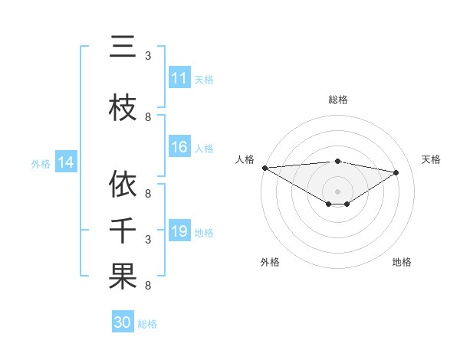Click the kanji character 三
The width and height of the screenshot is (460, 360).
click(123, 48)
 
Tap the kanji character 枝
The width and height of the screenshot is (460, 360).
click(123, 108)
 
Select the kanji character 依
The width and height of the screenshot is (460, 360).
click(123, 185)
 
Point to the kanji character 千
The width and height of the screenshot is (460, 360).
click(123, 231)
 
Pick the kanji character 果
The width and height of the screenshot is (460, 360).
click(123, 277)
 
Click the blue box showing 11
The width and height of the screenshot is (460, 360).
click(179, 78)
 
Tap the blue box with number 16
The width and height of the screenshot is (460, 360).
click(179, 148)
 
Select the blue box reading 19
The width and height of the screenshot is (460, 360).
click(179, 231)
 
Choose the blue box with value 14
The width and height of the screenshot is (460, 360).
click(65, 162)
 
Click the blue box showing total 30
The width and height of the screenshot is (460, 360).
click(123, 322)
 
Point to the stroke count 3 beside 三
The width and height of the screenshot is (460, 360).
click(148, 56)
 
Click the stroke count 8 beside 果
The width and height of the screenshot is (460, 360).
click(148, 286)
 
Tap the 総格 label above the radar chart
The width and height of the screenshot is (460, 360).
click(337, 100)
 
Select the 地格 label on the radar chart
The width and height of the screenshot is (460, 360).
click(402, 262)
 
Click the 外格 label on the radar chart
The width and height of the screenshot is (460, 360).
click(270, 262)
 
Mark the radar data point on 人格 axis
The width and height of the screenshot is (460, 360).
click(264, 168)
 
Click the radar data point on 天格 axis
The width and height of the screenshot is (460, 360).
click(396, 172)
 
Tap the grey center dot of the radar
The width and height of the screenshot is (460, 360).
click(337, 190)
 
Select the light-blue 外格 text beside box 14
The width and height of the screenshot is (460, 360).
click(41, 163)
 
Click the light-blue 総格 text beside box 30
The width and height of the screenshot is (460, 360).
click(147, 323)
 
